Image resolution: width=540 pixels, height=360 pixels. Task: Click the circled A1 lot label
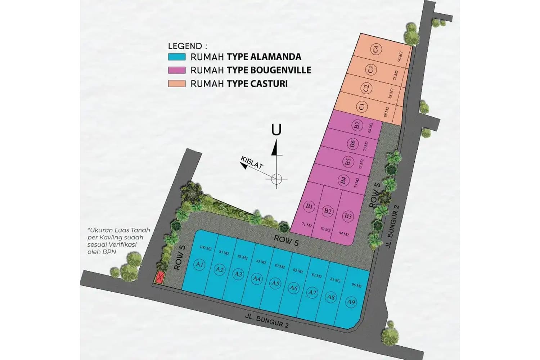pyautogui.click(x=200, y=265)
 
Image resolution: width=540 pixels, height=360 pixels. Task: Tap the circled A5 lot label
pyautogui.click(x=275, y=283)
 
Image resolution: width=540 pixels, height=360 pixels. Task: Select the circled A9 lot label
pyautogui.click(x=351, y=302)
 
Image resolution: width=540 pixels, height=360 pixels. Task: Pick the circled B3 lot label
pyautogui.click(x=348, y=216)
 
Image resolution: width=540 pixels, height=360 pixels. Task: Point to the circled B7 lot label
pyautogui.click(x=357, y=126)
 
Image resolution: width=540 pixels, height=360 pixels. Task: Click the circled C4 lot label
pyautogui.click(x=376, y=49)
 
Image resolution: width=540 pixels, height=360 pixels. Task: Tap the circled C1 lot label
pyautogui.click(x=362, y=107)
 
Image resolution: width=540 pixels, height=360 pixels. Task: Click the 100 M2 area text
pyautogui.click(x=205, y=248)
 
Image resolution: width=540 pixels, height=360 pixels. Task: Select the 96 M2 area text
pyautogui.click(x=356, y=285)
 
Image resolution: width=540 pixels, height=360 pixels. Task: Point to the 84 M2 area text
pyautogui.click(x=344, y=234)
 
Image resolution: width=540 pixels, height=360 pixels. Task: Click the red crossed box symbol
pyautogui.click(x=159, y=277)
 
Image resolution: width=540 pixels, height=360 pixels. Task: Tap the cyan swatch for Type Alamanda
pyautogui.click(x=176, y=57)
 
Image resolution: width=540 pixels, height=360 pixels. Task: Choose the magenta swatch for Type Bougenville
pyautogui.click(x=176, y=70)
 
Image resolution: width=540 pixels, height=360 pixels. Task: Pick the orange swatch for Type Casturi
pyautogui.click(x=176, y=84)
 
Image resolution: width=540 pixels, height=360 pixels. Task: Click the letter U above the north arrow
pyautogui.click(x=276, y=130)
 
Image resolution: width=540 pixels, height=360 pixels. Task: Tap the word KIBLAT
pyautogui.click(x=252, y=163)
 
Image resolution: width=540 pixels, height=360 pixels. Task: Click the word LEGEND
pyautogui.click(x=185, y=46)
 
